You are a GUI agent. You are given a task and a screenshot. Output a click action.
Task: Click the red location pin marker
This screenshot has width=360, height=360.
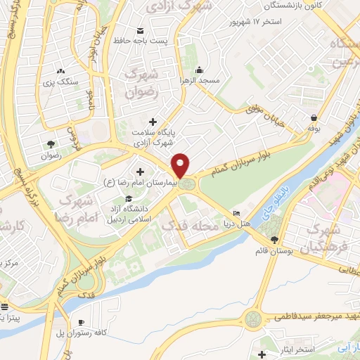click(181, 165)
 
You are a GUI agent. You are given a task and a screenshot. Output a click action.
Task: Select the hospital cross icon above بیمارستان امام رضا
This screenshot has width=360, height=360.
click(141, 172)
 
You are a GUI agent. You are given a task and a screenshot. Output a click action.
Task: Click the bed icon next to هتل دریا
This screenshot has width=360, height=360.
click(236, 214)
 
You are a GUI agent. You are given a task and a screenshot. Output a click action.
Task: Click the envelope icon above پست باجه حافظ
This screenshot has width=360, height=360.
click(140, 30)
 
